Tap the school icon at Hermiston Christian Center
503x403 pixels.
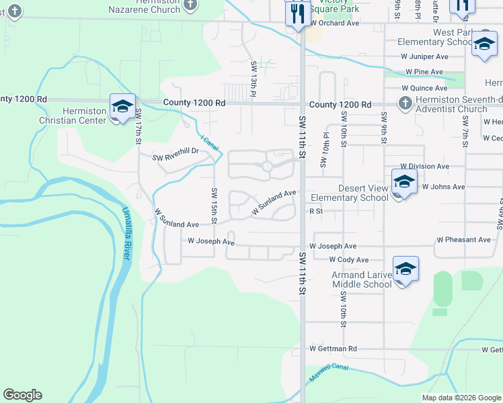click(x=122, y=107)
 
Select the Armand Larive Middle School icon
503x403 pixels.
click(x=405, y=270)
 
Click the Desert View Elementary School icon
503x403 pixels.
click(x=404, y=182)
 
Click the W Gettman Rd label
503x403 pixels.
click(x=334, y=349)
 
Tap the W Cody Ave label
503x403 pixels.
click(x=349, y=260)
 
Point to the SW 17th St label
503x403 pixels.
click(x=137, y=126)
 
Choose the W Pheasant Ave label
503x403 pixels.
click(x=463, y=240)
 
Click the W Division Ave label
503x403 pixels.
click(x=424, y=166)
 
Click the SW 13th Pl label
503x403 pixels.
click(x=254, y=77)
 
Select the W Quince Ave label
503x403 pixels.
click(x=424, y=88)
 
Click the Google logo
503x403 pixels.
click(x=22, y=395)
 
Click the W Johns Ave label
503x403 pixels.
click(x=443, y=187)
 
